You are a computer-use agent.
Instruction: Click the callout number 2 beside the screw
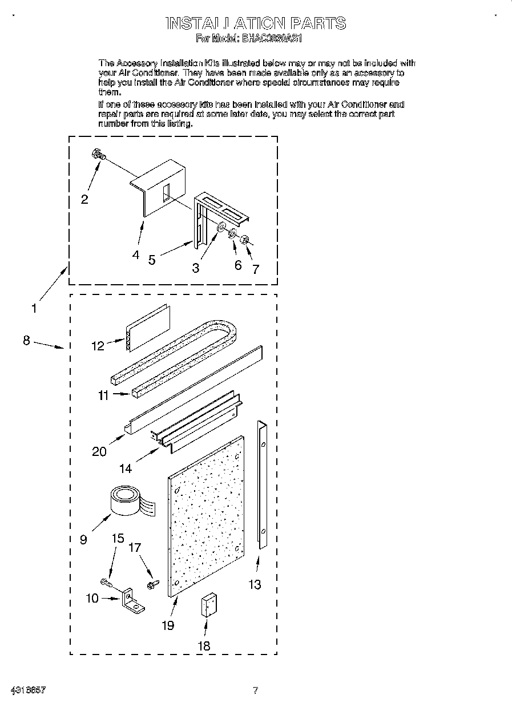[x=84, y=199]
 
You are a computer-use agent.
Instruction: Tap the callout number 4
[x=135, y=255]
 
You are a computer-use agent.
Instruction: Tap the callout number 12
[x=98, y=346]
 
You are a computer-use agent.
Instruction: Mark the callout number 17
[x=135, y=548]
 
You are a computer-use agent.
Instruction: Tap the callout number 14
[x=126, y=468]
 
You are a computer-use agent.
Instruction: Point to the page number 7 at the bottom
[x=256, y=690]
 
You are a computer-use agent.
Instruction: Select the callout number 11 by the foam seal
[x=103, y=395]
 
